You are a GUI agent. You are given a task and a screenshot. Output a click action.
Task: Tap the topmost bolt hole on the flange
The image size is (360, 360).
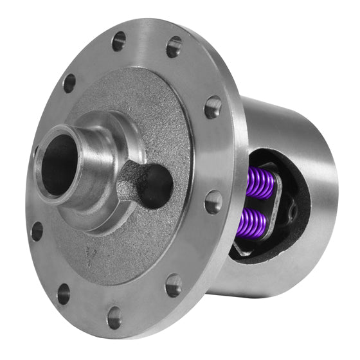118,40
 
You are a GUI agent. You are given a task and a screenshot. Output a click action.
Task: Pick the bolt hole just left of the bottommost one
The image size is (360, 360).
63,293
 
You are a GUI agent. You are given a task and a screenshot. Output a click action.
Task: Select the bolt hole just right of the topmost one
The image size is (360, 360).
174,46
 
